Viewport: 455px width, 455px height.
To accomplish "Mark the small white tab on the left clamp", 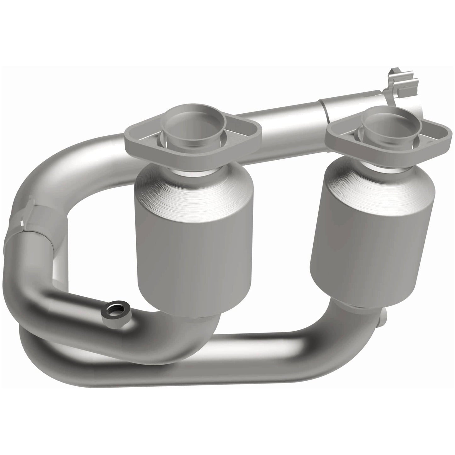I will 21,223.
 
